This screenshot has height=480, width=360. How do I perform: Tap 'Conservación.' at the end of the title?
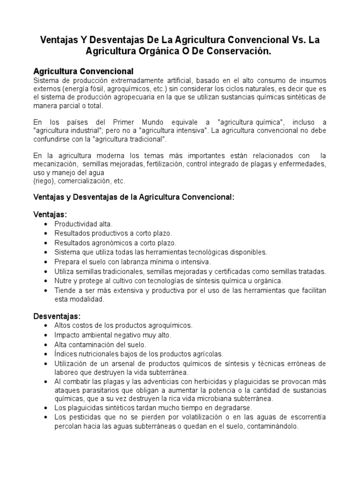(241, 51)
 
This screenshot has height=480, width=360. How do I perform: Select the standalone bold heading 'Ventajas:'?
(50, 214)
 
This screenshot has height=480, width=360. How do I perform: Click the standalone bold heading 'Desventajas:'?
(57, 315)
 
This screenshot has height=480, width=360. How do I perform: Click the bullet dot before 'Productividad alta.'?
(45, 224)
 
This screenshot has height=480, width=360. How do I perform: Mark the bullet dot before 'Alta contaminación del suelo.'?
(45, 345)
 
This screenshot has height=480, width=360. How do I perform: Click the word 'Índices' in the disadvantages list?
(66, 354)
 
